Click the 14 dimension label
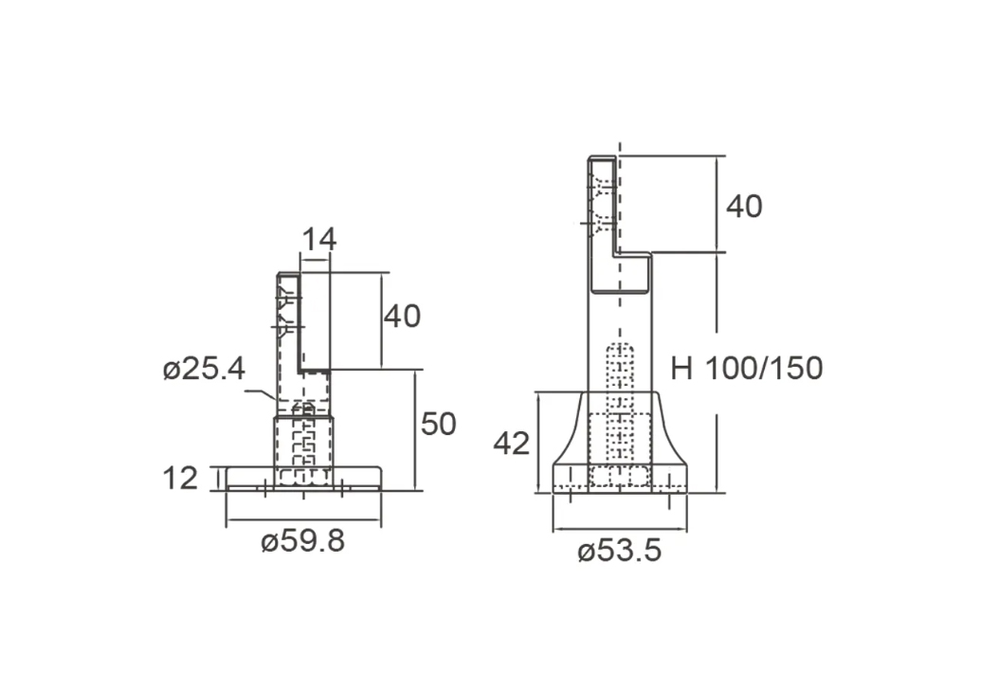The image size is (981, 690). pyautogui.click(x=319, y=240)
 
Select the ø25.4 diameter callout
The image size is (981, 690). pyautogui.click(x=204, y=369)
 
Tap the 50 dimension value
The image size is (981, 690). pyautogui.click(x=438, y=424)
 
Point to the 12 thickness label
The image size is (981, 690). pyautogui.click(x=180, y=479)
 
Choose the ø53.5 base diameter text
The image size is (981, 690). pyautogui.click(x=619, y=551)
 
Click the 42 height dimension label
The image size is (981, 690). pyautogui.click(x=511, y=444)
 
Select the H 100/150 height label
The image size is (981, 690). pyautogui.click(x=746, y=368)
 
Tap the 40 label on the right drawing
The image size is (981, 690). pyautogui.click(x=744, y=207)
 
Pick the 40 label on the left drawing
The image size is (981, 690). pyautogui.click(x=402, y=316)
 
